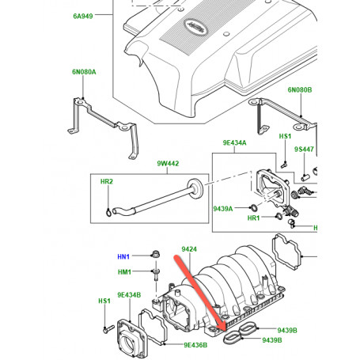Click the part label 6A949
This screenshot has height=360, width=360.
(83, 16)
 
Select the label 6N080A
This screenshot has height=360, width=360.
(84, 72)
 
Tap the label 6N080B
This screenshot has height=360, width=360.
(300, 90)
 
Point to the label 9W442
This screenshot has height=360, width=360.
(168, 164)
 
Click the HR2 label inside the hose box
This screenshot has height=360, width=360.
(107, 181)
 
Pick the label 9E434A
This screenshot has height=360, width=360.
(234, 142)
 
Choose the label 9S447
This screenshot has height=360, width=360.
(304, 150)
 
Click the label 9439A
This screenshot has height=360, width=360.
(223, 209)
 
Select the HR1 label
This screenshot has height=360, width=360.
(253, 218)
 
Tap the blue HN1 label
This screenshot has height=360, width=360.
(123, 256)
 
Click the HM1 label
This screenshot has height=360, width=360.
(124, 271)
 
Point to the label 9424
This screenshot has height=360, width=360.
(189, 249)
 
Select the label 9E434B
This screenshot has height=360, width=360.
(129, 295)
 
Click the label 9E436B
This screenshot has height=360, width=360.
(195, 345)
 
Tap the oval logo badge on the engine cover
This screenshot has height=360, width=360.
(195, 27)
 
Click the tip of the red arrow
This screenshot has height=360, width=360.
(225, 331)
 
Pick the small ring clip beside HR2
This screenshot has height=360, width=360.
(108, 212)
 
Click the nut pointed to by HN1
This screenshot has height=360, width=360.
(155, 255)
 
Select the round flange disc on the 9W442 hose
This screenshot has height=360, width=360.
(195, 188)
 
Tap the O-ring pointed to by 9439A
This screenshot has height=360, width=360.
(254, 208)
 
